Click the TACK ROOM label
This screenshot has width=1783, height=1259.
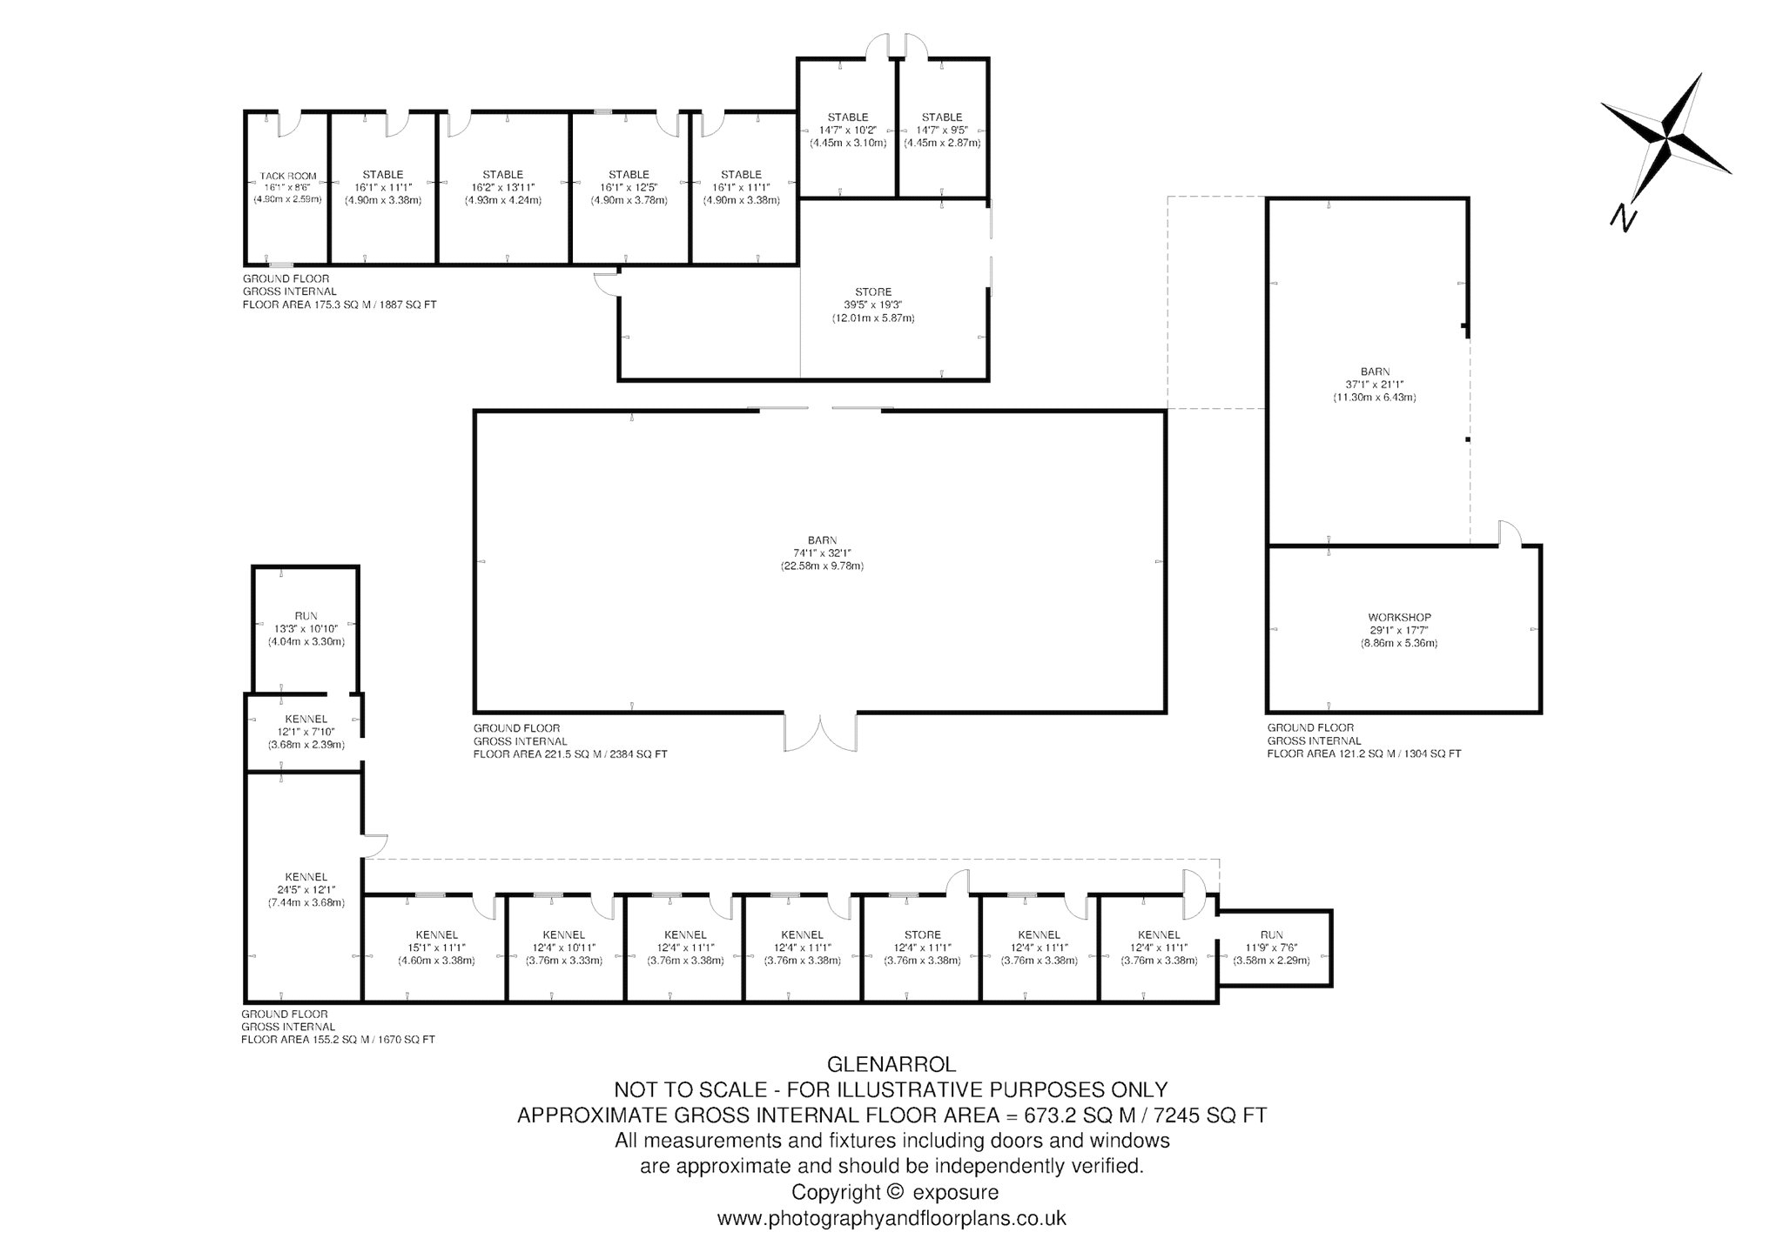click(x=288, y=176)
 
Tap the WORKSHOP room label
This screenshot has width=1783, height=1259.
click(x=1399, y=618)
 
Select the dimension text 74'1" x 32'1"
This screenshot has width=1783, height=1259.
click(x=821, y=552)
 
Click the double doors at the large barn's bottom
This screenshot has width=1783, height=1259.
click(x=820, y=732)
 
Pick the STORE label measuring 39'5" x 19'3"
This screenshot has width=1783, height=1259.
click(x=873, y=292)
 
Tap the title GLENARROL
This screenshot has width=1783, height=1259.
click(x=891, y=1064)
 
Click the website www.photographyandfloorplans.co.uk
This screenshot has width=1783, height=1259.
click(x=891, y=1218)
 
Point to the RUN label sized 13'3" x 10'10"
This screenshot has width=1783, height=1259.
click(x=306, y=616)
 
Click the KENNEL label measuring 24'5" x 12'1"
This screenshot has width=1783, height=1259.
click(x=306, y=876)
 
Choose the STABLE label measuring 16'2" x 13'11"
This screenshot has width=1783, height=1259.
click(x=502, y=174)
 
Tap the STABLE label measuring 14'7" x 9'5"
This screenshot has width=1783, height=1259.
click(x=942, y=117)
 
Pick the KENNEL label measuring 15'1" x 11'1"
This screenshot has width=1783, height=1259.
click(x=436, y=934)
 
